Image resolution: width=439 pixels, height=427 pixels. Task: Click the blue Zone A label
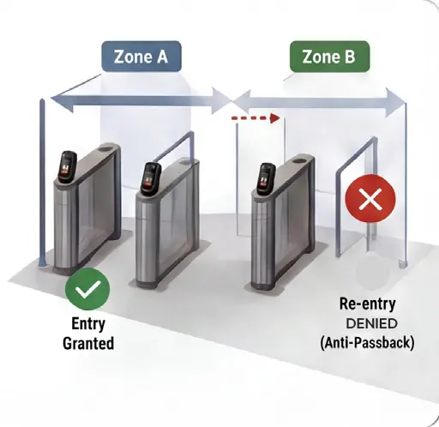pyautogui.click(x=141, y=57)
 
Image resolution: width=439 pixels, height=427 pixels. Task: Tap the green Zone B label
pyautogui.click(x=329, y=57)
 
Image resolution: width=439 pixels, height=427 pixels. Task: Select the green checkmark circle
pyautogui.click(x=87, y=289)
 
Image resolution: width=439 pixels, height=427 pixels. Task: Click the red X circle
pyautogui.click(x=370, y=198)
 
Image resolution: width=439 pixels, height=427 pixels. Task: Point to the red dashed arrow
pyautogui.click(x=255, y=117)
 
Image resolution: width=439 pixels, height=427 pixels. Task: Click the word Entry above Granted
pyautogui.click(x=88, y=323)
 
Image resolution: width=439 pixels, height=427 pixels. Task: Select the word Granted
pyautogui.click(x=88, y=343)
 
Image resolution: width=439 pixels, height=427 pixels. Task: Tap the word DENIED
pyautogui.click(x=371, y=323)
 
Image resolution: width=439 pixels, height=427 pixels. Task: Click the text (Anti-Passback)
pyautogui.click(x=367, y=342)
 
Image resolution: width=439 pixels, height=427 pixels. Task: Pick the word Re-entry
pyautogui.click(x=368, y=304)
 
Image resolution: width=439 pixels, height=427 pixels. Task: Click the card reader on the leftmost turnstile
pyautogui.click(x=68, y=166)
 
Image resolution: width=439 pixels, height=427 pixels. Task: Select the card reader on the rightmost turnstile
pyautogui.click(x=266, y=179)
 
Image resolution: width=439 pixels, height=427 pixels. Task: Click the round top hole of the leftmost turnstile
pyautogui.click(x=106, y=149)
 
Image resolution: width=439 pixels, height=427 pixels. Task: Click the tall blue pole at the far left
pyautogui.click(x=43, y=183)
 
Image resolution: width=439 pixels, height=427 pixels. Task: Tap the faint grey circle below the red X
pyautogui.click(x=372, y=273)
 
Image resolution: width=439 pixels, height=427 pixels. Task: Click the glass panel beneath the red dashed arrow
pyautogui.click(x=261, y=177)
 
